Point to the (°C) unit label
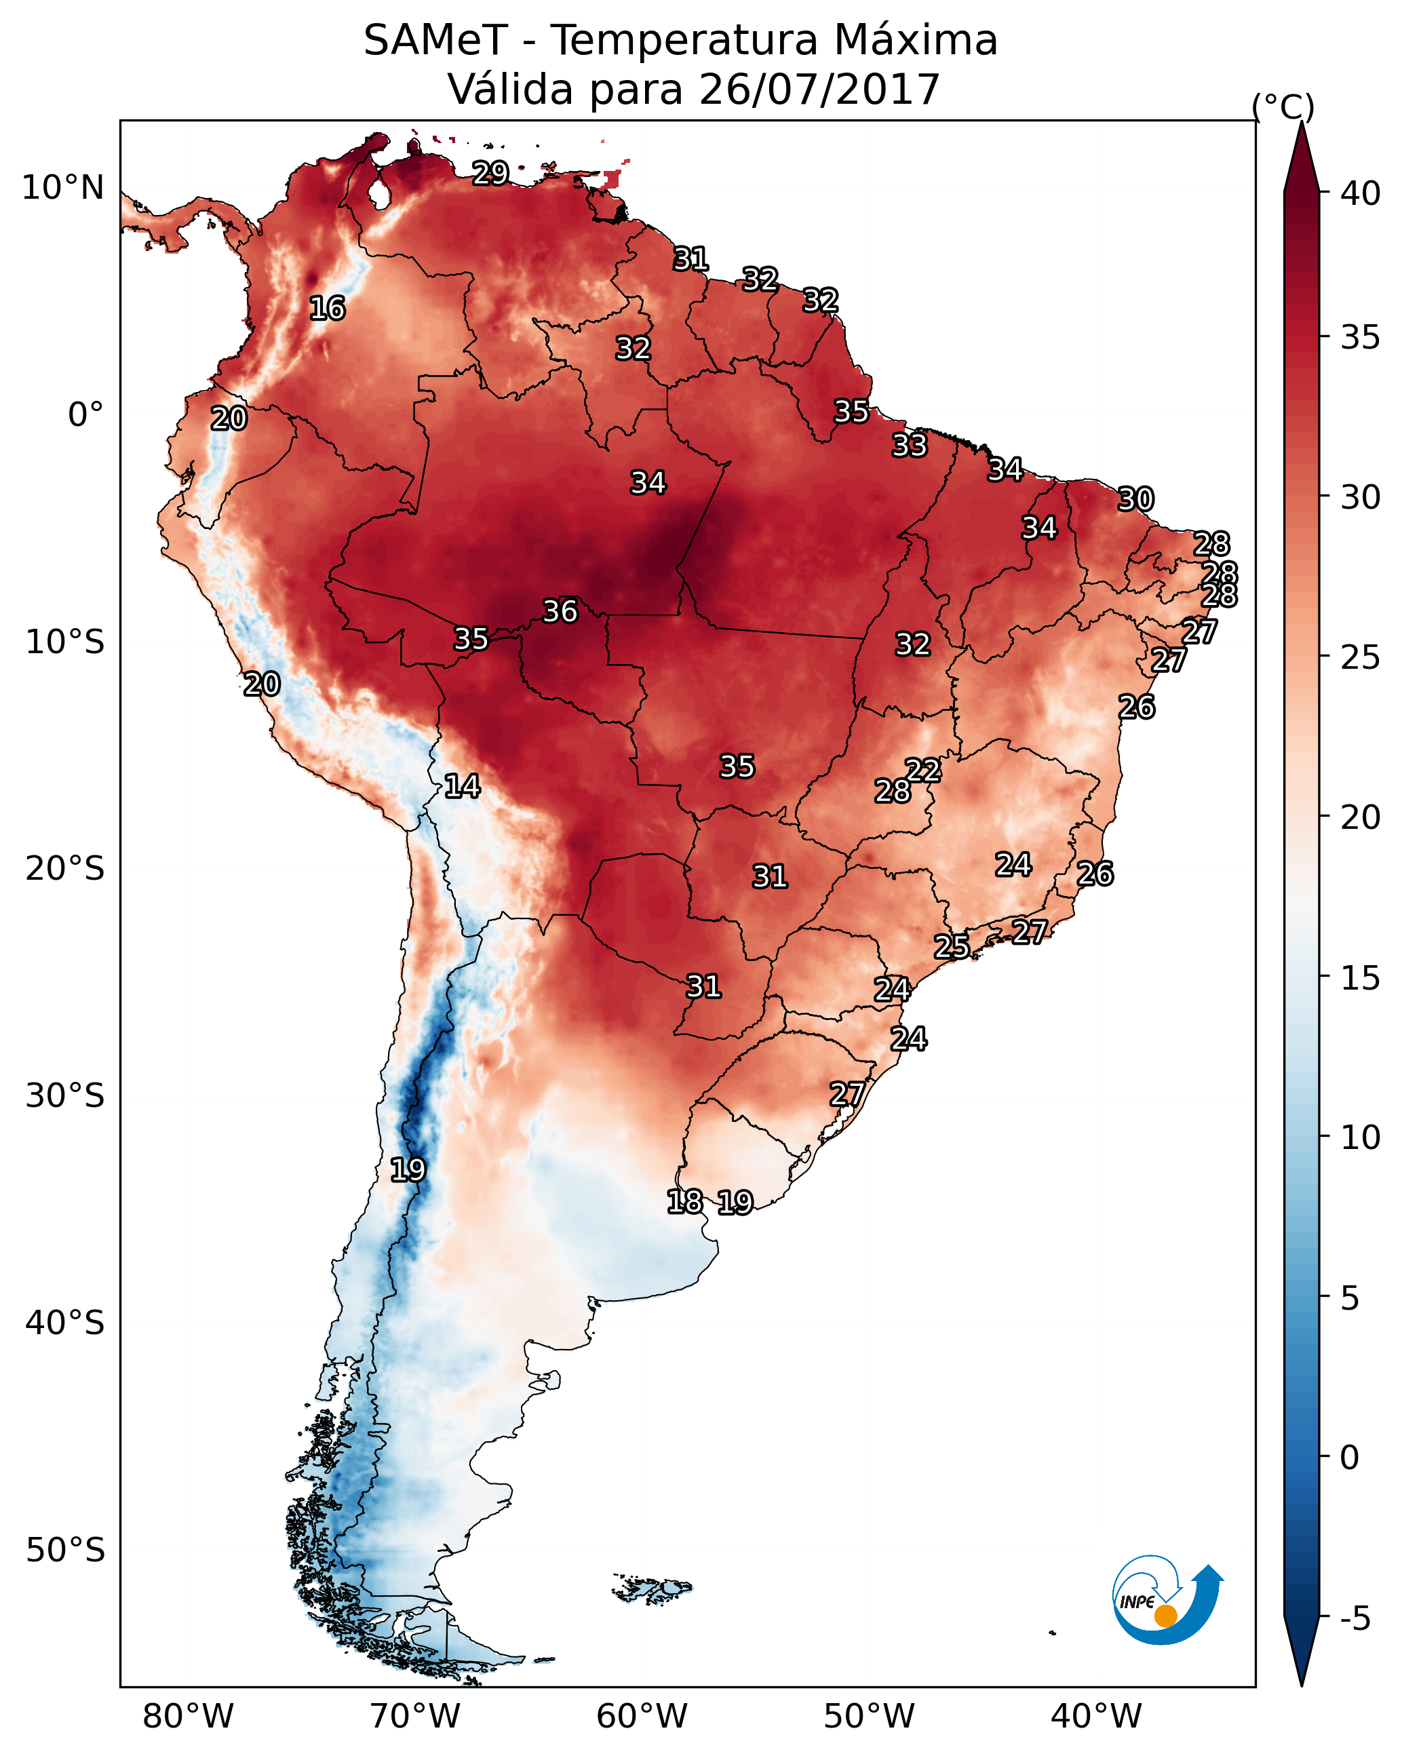[x=1283, y=106]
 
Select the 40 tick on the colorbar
[x=1361, y=193]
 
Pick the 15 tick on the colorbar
[x=1361, y=978]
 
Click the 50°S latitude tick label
[x=65, y=1551]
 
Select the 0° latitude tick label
[x=86, y=415]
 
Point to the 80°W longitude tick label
[x=188, y=1717]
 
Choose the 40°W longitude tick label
[x=1096, y=1717]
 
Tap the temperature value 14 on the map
[x=462, y=786]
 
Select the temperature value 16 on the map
[x=328, y=309]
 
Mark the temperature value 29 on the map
[x=490, y=173]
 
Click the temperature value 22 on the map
[x=924, y=770]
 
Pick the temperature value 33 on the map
[x=910, y=445]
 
